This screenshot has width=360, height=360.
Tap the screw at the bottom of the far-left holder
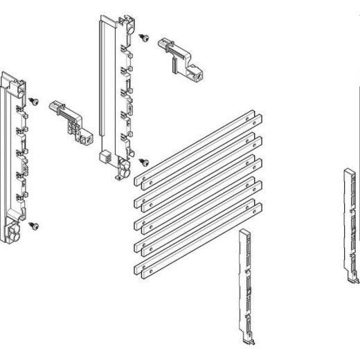click(x=33, y=225)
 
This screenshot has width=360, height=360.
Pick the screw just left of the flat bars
click(x=143, y=162)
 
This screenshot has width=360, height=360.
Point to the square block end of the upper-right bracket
click(x=199, y=73)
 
